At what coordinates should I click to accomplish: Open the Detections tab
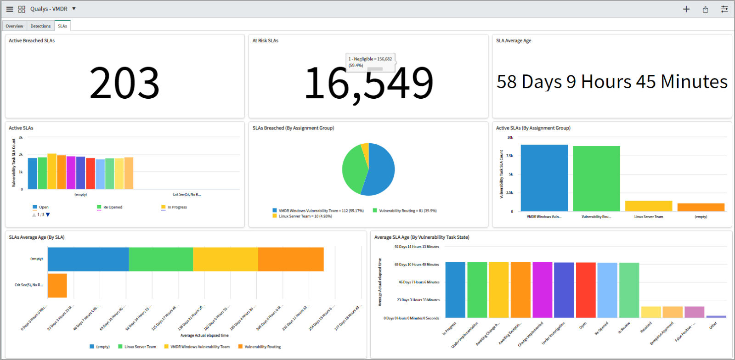(x=40, y=26)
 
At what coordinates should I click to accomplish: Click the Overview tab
(x=14, y=26)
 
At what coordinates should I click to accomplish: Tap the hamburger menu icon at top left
(x=10, y=9)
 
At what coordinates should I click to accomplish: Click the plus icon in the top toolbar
(x=686, y=9)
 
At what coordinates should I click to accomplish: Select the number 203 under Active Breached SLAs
(x=124, y=83)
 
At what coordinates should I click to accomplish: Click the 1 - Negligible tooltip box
(x=370, y=62)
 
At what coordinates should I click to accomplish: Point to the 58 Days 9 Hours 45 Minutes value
(x=612, y=82)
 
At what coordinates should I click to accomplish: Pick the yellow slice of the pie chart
(x=365, y=150)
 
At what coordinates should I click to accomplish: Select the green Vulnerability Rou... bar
(x=596, y=179)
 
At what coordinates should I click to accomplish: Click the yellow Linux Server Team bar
(x=648, y=206)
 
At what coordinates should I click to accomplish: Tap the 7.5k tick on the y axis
(x=509, y=156)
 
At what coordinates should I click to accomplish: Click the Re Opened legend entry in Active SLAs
(x=113, y=207)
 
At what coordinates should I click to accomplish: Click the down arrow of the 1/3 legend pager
(x=48, y=215)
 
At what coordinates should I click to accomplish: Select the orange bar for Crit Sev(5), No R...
(x=57, y=286)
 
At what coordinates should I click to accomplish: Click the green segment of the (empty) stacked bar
(x=161, y=259)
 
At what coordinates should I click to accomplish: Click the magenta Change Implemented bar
(x=542, y=290)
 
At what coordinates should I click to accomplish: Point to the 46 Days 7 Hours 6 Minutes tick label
(x=418, y=282)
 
